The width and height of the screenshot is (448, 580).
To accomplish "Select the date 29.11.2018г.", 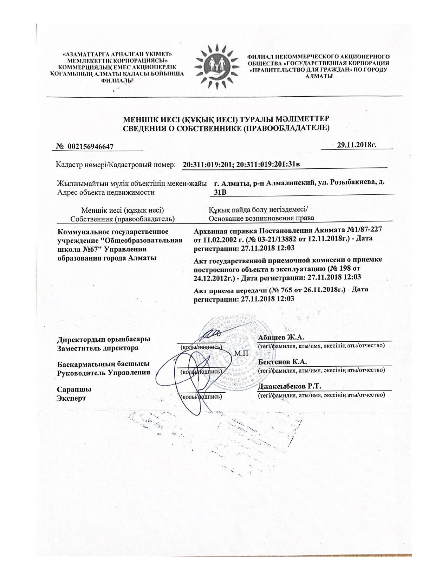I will [x=357, y=145].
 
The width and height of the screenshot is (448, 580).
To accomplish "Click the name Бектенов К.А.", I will [x=283, y=362].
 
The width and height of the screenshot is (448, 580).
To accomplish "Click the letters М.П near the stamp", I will [x=241, y=353].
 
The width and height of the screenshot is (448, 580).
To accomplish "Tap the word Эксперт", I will [x=71, y=398].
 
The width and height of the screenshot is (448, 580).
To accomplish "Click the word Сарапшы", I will [x=74, y=389].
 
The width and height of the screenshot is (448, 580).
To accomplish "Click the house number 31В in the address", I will [x=220, y=192].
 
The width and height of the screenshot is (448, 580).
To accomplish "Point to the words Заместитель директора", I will [x=98, y=348].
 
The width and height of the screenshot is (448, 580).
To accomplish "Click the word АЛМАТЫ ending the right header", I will [x=319, y=76].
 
